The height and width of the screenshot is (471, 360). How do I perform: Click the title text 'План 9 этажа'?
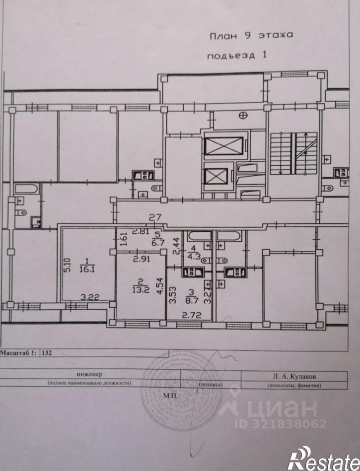click(250, 35)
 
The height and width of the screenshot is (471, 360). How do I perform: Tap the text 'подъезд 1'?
click(237, 56)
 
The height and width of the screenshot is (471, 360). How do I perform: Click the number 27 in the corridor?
click(155, 217)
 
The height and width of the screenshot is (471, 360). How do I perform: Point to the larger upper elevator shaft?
click(223, 146)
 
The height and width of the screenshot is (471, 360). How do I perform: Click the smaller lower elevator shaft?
click(216, 177)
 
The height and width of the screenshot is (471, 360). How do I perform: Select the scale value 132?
click(48, 354)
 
